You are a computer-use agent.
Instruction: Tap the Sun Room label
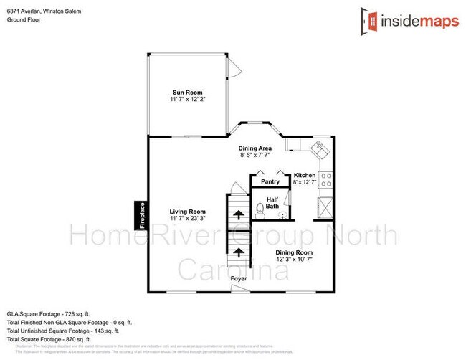pyautogui.click(x=187, y=93)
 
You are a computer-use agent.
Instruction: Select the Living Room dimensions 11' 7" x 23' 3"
pyautogui.click(x=188, y=219)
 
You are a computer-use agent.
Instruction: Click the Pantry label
pyautogui.click(x=270, y=181)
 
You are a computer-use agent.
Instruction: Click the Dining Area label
pyautogui.click(x=255, y=148)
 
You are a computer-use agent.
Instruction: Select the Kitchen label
pyautogui.click(x=305, y=176)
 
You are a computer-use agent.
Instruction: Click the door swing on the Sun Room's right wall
pyautogui.click(x=231, y=69)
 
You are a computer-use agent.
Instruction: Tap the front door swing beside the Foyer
pyautogui.click(x=238, y=288)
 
